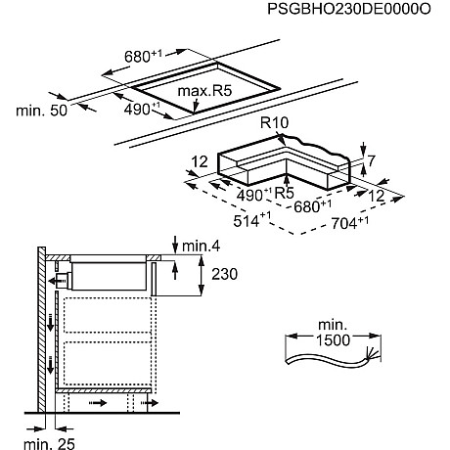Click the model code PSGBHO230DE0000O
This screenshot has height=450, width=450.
349,9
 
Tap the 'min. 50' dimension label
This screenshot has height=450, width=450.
41,111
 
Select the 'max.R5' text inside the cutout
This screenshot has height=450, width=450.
204,91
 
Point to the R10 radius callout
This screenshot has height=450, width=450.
275,123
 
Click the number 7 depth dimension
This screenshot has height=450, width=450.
372,160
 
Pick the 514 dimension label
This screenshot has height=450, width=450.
252,220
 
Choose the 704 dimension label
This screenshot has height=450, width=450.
350,223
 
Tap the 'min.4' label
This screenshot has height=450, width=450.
201,247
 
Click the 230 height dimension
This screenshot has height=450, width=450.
224,274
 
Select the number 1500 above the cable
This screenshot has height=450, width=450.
333,340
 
